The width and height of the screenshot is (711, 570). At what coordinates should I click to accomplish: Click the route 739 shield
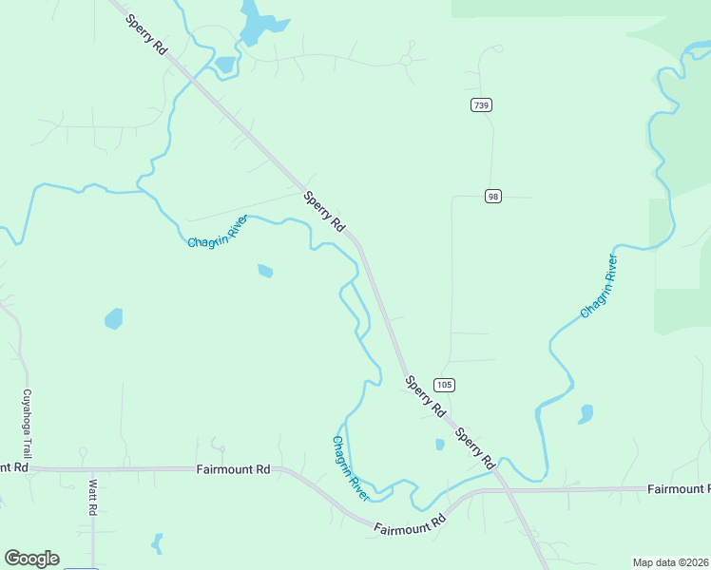[481, 104]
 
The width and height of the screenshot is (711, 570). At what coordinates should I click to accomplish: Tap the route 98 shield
[492, 196]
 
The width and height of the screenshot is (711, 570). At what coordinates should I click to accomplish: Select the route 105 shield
[444, 385]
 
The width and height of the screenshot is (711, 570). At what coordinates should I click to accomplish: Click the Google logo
[31, 559]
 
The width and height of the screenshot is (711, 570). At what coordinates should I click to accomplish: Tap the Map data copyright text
[671, 562]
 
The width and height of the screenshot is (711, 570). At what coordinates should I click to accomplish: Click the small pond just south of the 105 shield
[439, 444]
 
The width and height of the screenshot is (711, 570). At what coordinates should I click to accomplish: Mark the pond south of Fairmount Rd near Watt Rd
[157, 544]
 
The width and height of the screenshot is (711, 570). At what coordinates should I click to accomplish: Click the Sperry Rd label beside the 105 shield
[425, 397]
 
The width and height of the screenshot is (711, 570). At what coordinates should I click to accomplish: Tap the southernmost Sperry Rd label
[475, 448]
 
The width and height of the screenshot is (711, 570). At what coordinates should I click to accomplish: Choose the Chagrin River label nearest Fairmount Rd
[351, 468]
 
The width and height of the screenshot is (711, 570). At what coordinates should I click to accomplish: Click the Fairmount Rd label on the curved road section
[410, 524]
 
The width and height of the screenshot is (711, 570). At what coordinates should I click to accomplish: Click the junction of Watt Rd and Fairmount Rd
[92, 469]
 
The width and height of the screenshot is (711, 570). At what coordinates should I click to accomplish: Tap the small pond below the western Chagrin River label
[265, 272]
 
